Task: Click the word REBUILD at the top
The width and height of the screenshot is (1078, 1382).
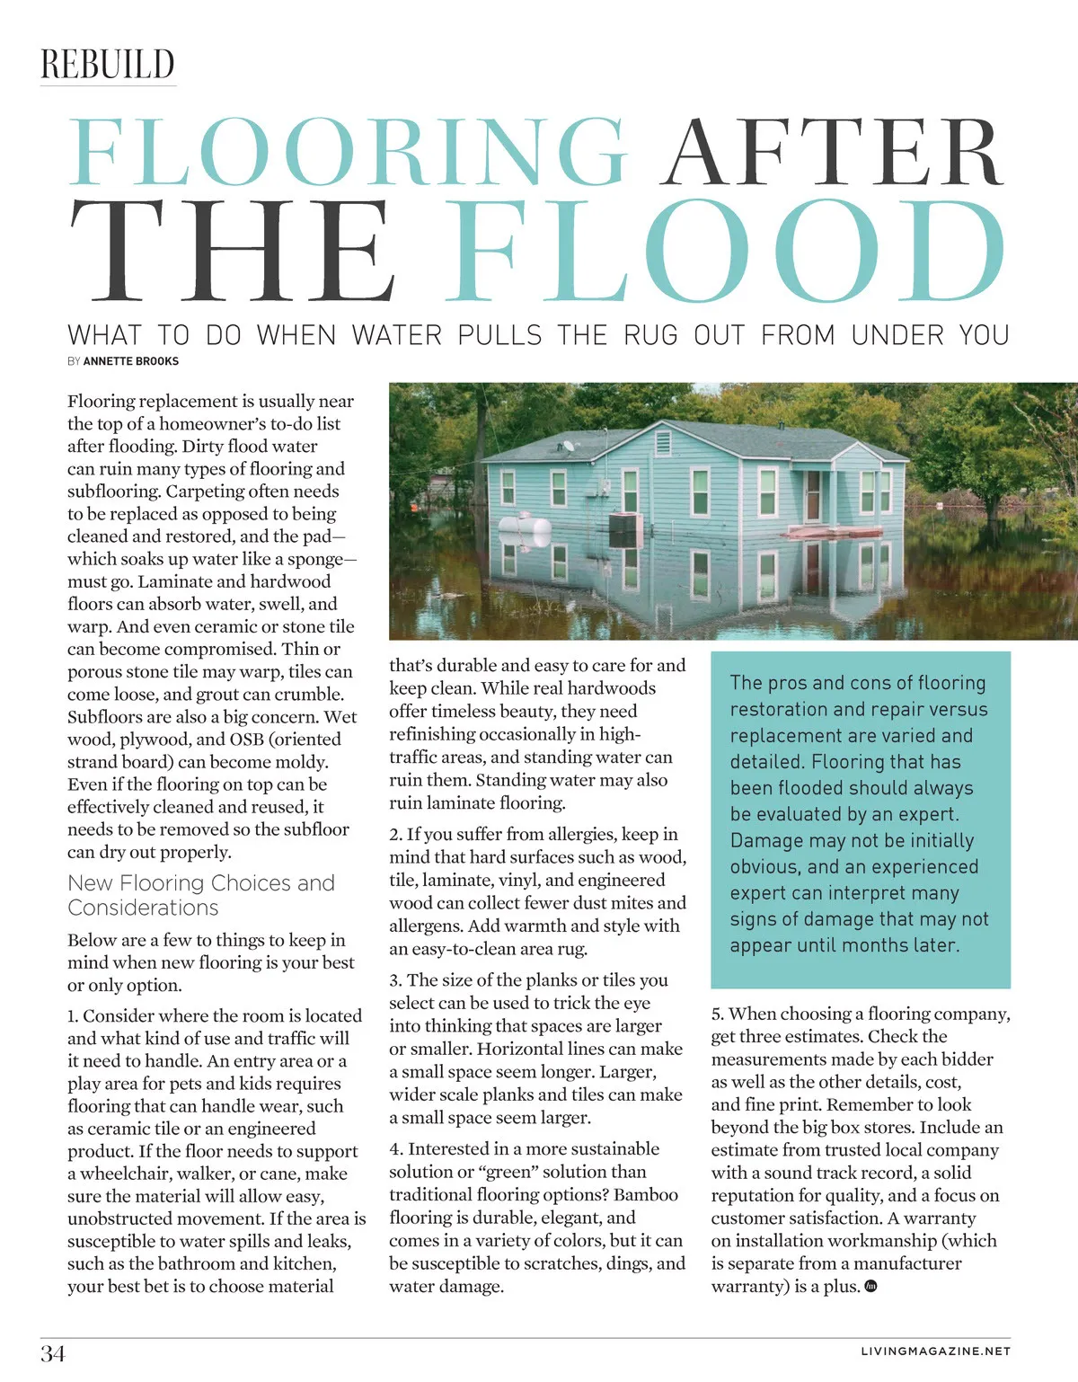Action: [108, 65]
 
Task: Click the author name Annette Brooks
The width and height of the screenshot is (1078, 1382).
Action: [131, 361]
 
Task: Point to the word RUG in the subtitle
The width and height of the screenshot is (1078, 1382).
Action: [651, 336]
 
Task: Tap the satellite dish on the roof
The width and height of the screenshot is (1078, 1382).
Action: [568, 445]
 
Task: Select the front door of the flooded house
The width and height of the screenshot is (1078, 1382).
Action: [813, 495]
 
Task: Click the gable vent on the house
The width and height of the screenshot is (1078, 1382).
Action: [664, 443]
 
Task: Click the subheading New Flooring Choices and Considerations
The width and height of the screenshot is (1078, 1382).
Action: [201, 895]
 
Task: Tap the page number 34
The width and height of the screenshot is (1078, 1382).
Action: [53, 1353]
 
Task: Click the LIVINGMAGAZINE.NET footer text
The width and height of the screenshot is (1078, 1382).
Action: [935, 1351]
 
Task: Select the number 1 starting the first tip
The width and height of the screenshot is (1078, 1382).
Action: [72, 1016]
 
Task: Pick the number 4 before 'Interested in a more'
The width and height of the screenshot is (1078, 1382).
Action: [395, 1149]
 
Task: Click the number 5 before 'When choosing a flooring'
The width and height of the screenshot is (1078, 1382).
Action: [716, 1014]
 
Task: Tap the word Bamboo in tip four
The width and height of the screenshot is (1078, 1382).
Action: [646, 1194]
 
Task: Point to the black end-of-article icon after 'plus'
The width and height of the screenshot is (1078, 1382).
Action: [870, 1286]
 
